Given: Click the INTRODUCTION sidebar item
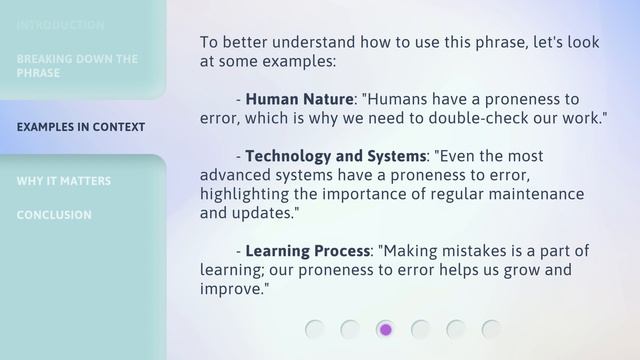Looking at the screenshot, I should click(60, 25).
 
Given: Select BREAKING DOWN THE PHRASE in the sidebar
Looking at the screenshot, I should click(77, 66).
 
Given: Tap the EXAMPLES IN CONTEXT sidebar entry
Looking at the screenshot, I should click(81, 127).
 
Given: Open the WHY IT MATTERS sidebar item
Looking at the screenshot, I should click(64, 181).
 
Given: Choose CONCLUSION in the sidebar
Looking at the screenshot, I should click(54, 215).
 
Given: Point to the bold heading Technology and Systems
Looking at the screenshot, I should click(335, 156).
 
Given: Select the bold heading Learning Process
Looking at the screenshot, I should click(307, 251).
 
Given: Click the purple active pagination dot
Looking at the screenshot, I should click(385, 329).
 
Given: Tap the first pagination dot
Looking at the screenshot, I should click(315, 329).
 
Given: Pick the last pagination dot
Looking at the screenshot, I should click(491, 329).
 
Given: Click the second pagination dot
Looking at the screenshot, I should click(350, 329).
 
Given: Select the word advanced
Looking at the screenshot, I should click(235, 175).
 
